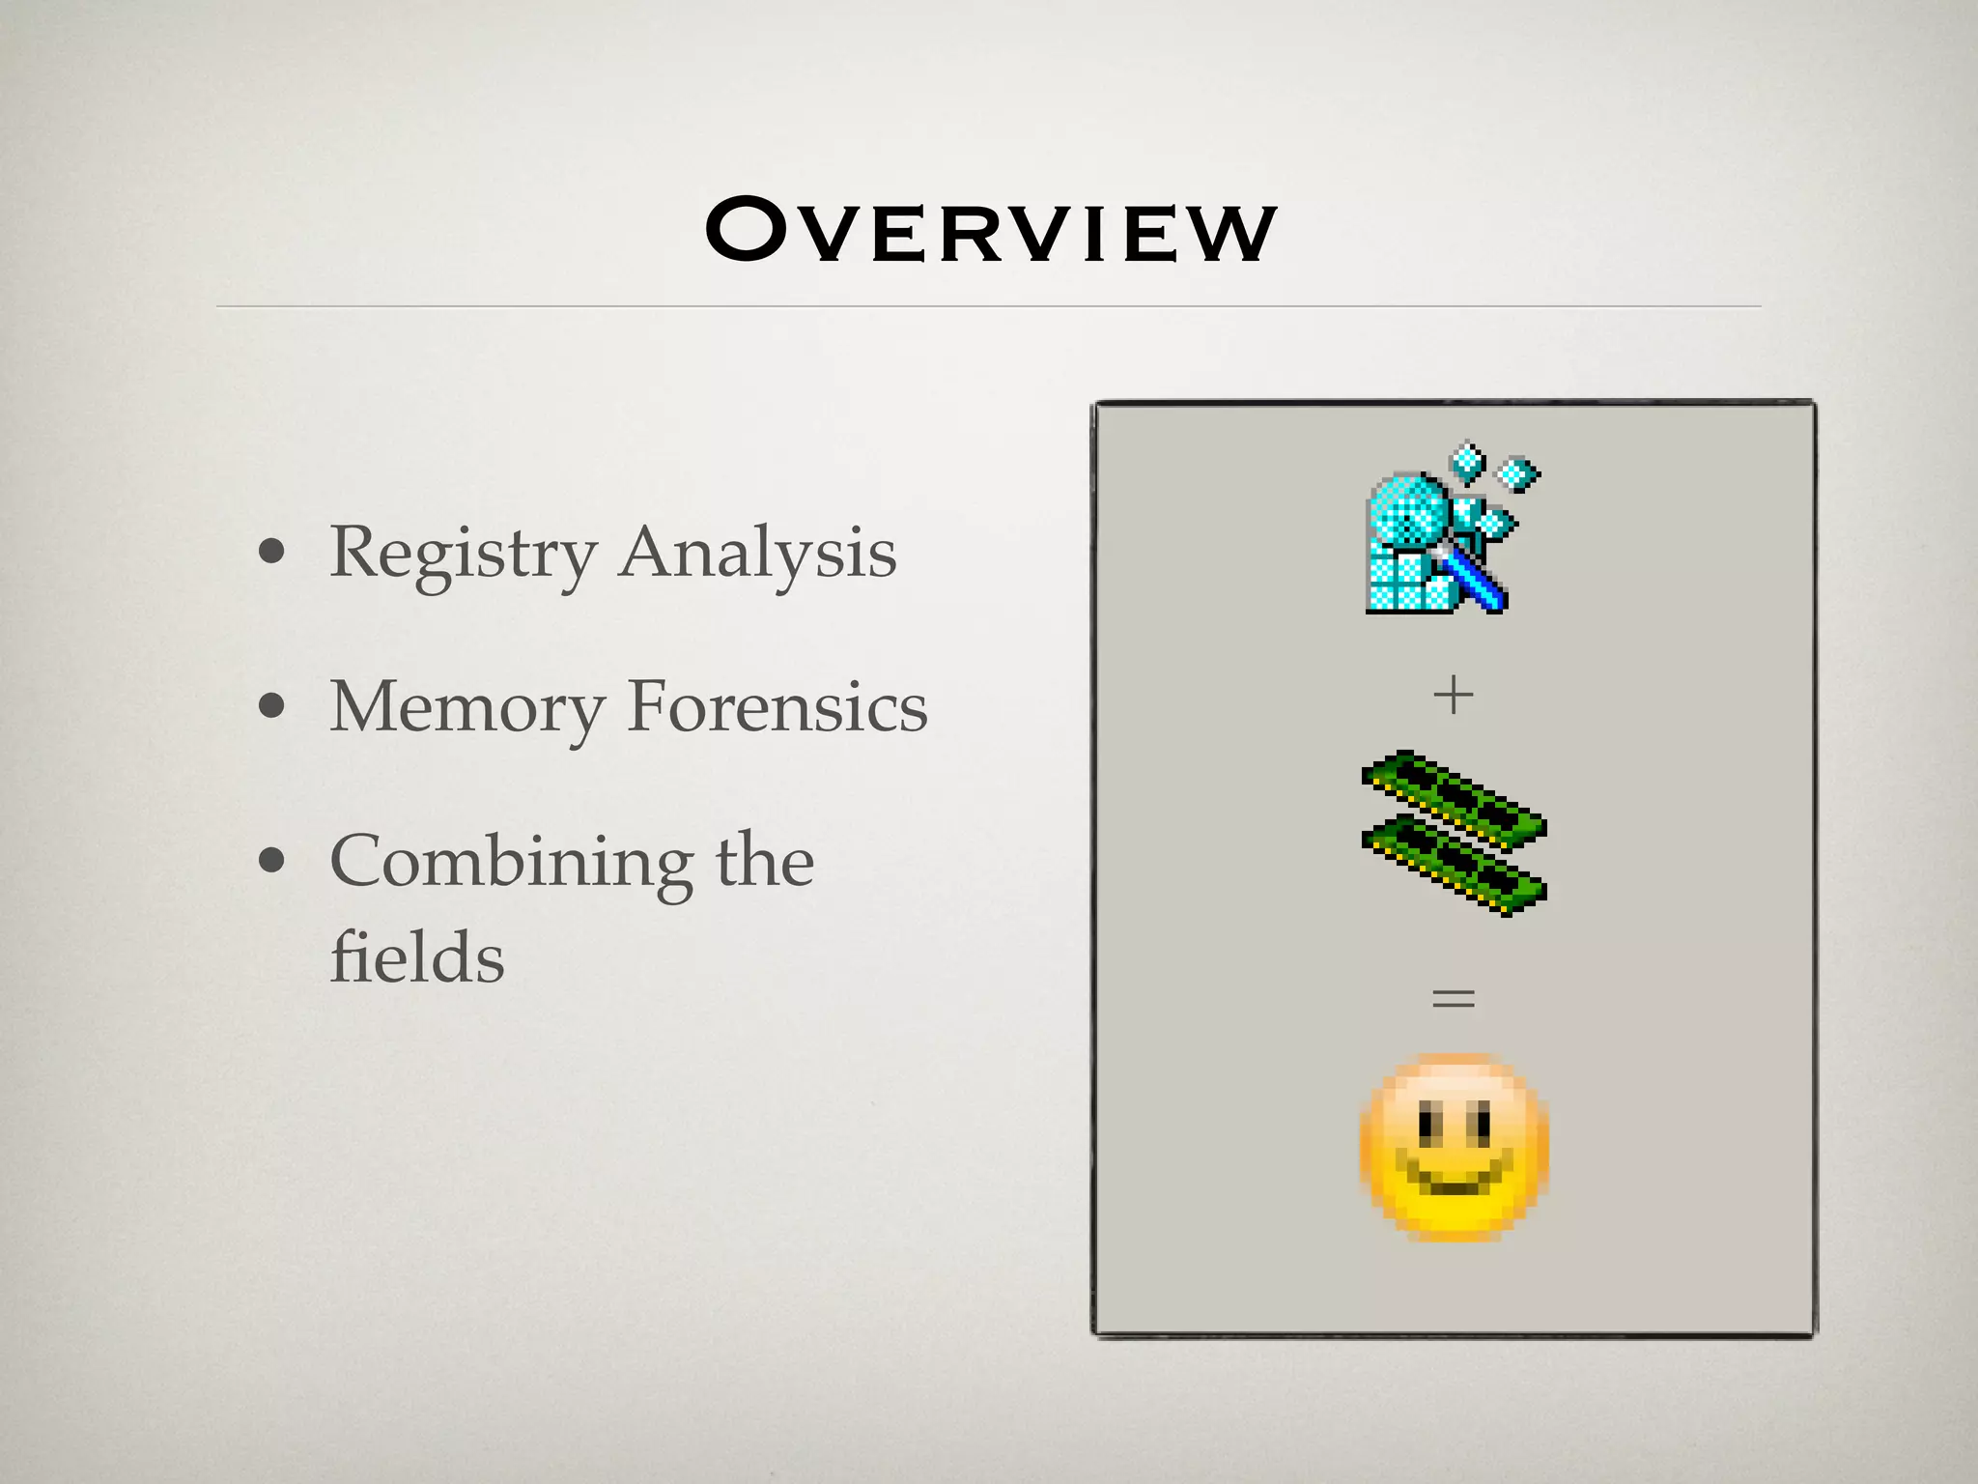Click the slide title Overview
tap(991, 230)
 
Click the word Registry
tap(463, 554)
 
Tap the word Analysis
tap(758, 554)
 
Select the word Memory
tap(466, 707)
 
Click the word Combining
tap(511, 862)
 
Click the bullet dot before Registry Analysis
tap(272, 552)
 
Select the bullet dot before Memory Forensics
tap(272, 706)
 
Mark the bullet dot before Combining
tap(272, 860)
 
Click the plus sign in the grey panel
tap(1454, 695)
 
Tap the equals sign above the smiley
tap(1454, 997)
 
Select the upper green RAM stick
tap(1454, 797)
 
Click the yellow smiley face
tap(1454, 1147)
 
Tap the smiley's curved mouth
tap(1454, 1182)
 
